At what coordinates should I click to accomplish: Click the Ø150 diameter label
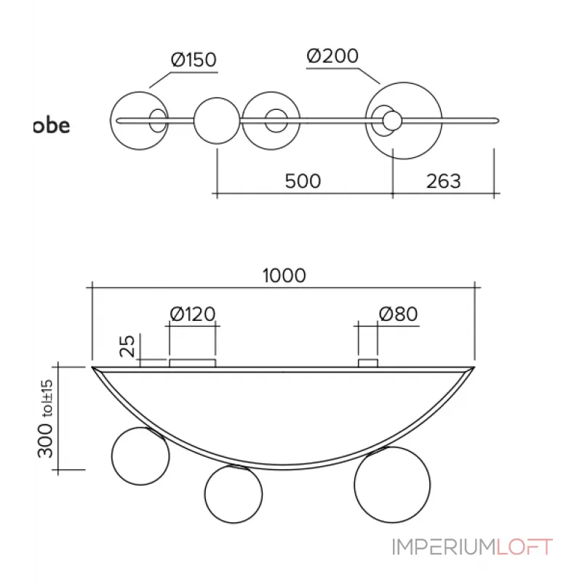click(194, 60)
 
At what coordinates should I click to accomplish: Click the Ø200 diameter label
click(332, 56)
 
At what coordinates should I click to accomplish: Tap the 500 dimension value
click(303, 180)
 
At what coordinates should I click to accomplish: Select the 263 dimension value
click(442, 180)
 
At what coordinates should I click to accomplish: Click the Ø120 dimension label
click(192, 314)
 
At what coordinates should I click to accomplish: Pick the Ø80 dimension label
click(397, 314)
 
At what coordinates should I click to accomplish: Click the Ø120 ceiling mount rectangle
click(192, 362)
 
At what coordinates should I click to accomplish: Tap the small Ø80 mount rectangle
click(368, 362)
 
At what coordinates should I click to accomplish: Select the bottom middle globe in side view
click(233, 494)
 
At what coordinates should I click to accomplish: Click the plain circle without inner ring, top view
click(216, 120)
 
